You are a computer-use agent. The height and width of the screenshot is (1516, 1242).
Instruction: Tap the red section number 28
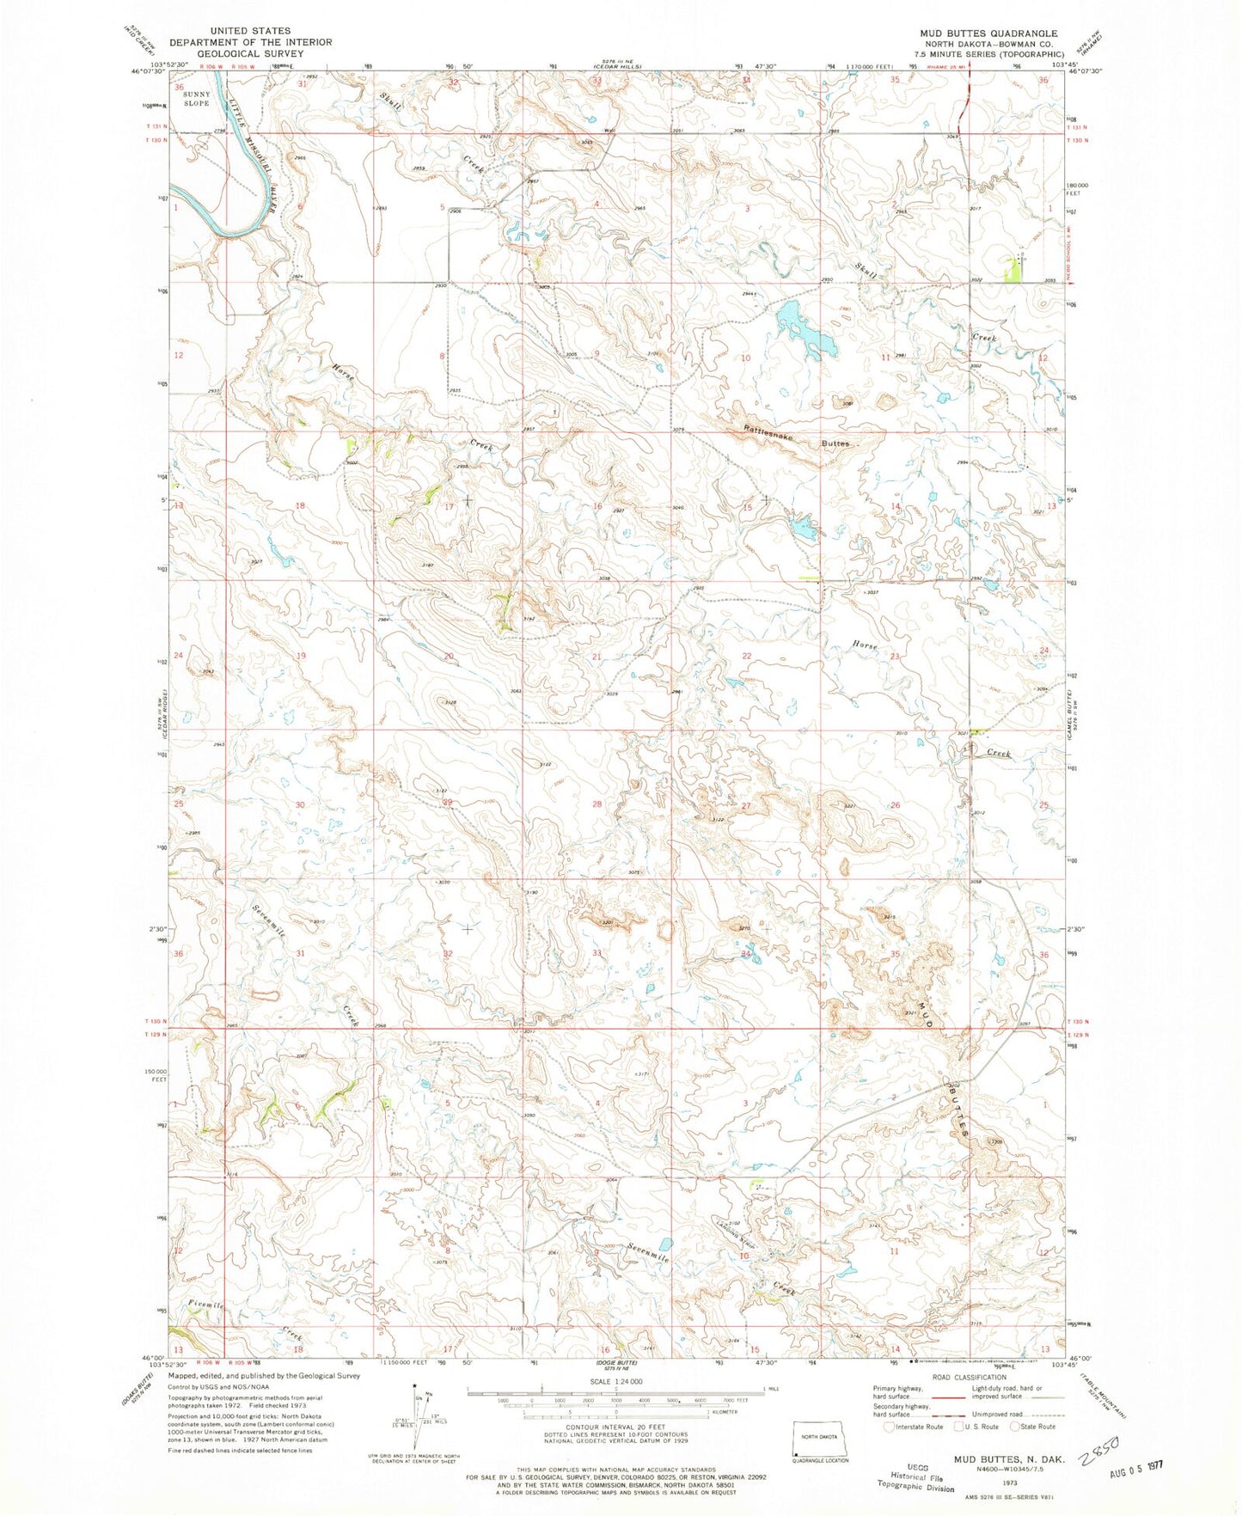point(597,804)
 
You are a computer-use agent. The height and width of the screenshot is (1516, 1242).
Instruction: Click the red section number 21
point(597,657)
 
